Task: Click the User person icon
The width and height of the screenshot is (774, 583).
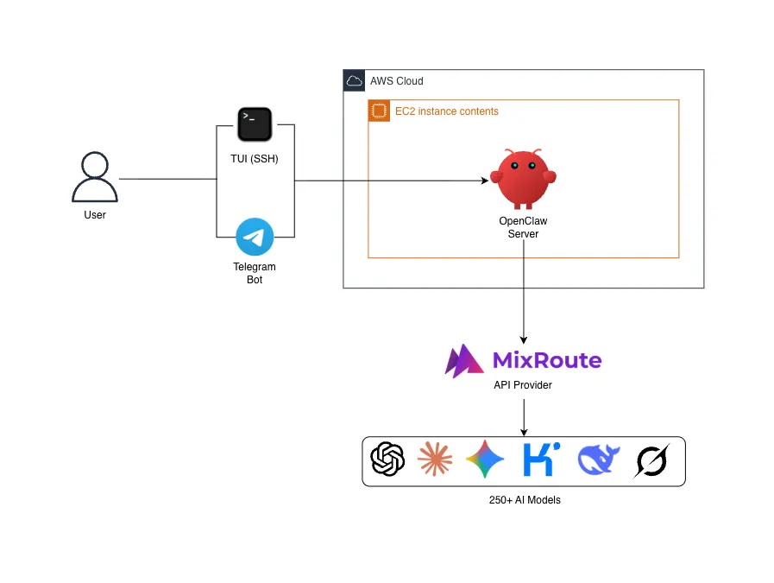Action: click(95, 177)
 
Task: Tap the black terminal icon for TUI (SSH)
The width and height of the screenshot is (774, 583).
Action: click(255, 124)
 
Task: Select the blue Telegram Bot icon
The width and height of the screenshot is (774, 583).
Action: click(255, 237)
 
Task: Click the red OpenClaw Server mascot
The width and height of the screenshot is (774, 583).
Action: click(523, 179)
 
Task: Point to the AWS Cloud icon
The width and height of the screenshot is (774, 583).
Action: click(354, 80)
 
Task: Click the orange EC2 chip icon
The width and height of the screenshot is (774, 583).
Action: click(379, 111)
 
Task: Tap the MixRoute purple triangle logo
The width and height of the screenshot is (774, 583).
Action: click(463, 361)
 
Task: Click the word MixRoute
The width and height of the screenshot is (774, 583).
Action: click(547, 360)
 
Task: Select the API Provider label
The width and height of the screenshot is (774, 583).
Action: click(523, 385)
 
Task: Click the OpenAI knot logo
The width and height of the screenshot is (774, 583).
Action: click(387, 459)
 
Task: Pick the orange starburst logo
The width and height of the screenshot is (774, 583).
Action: click(435, 459)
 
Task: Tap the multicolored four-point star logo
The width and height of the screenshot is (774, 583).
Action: click(485, 459)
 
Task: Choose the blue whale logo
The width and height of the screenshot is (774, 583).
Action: click(598, 459)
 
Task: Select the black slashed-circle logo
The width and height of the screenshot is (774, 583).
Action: click(651, 461)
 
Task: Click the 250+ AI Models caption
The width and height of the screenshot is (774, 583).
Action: click(525, 500)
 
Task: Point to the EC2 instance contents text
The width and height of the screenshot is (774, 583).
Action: click(447, 111)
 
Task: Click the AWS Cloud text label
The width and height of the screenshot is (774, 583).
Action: click(397, 81)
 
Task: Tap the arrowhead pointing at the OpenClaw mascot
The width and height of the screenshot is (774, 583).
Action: click(485, 181)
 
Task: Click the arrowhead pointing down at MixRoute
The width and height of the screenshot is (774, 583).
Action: click(524, 340)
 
